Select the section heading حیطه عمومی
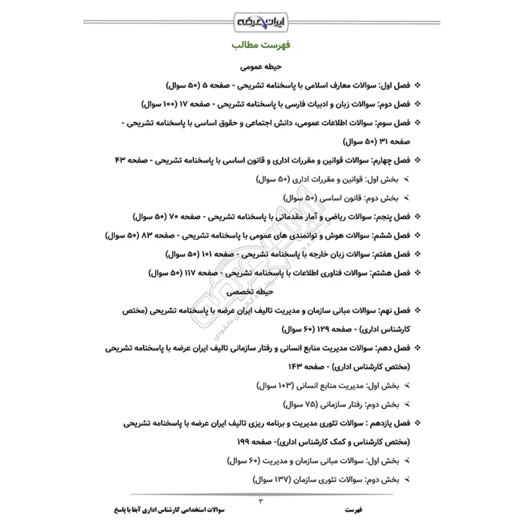point(261,67)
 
